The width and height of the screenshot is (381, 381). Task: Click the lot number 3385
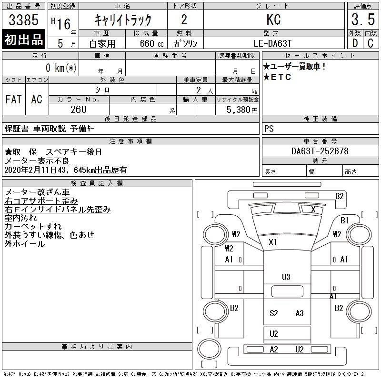pos(24,20)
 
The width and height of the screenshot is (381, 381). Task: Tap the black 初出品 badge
pos(24,40)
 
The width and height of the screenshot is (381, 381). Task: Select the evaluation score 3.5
pos(361,20)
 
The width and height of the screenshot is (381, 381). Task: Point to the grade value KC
pos(273,20)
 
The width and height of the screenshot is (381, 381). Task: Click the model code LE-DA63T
pos(273,43)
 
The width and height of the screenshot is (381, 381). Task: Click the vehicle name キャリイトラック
pos(123,20)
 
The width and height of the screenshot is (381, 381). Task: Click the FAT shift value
pos(13,99)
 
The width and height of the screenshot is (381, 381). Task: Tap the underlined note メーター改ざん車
pos(37,192)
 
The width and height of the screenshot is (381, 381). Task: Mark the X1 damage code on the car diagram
pos(272,242)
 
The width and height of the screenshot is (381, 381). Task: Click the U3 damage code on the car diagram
pos(286,277)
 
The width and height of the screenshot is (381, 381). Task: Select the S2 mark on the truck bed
pos(273,313)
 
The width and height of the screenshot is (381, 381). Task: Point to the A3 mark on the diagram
pos(299,313)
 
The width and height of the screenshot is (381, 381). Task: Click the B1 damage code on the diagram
pos(344,220)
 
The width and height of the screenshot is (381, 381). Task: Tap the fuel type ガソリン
pos(186,43)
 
